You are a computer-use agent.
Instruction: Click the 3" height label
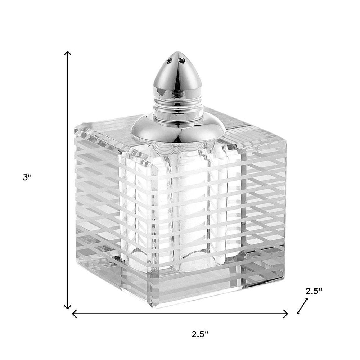pyautogui.click(x=28, y=178)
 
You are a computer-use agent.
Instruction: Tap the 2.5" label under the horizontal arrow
pyautogui.click(x=200, y=334)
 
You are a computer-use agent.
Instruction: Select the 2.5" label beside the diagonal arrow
pyautogui.click(x=314, y=291)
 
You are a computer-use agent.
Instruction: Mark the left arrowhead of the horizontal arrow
pyautogui.click(x=73, y=314)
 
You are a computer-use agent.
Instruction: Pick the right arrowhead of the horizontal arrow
pyautogui.click(x=287, y=314)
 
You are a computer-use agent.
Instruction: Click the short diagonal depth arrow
pyautogui.click(x=302, y=306)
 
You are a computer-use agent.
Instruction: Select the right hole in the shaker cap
pyautogui.click(x=182, y=60)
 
